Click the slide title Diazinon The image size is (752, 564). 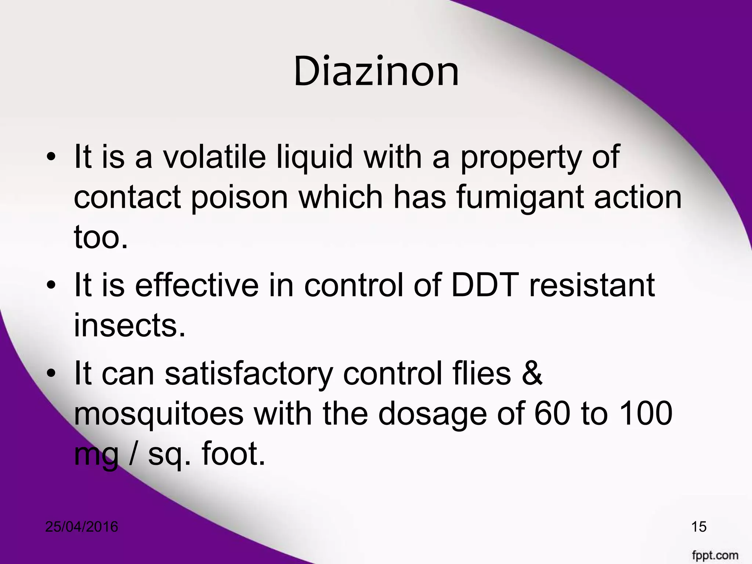(x=376, y=72)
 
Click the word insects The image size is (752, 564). (x=129, y=325)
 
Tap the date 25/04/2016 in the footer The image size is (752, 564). (x=82, y=527)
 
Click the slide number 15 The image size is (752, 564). (x=699, y=527)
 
